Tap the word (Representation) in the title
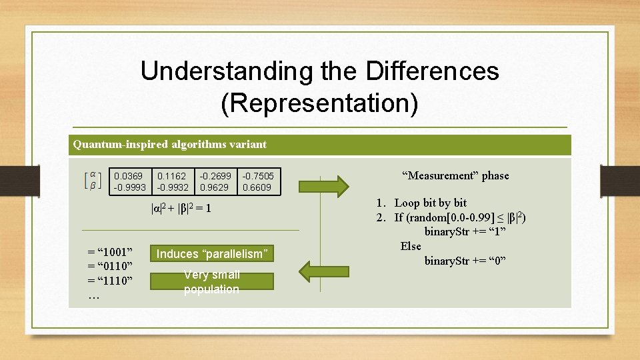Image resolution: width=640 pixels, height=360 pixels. pos(319,103)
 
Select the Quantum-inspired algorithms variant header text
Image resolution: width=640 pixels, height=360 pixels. pos(169,144)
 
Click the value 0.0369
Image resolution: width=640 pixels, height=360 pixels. pos(127,177)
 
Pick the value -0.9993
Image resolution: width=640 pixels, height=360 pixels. pos(129,188)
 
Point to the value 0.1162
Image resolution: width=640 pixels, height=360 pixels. pos(171,177)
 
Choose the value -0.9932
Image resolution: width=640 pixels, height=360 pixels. pos(173,188)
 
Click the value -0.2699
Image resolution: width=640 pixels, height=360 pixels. pos(215,177)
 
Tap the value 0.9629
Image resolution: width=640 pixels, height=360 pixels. pos(214,188)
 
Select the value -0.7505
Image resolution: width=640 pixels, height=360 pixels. pos(257,177)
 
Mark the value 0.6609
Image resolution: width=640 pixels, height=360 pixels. pos(257,188)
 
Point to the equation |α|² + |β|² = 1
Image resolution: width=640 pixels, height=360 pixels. pos(182,209)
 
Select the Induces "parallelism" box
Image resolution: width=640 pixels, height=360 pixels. pos(211,254)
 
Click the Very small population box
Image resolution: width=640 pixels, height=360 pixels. pos(211,282)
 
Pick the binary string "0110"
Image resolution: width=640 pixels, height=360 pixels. pos(111,267)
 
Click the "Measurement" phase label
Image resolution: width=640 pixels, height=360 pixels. pos(455,176)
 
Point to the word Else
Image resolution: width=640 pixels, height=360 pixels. pos(411,246)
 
